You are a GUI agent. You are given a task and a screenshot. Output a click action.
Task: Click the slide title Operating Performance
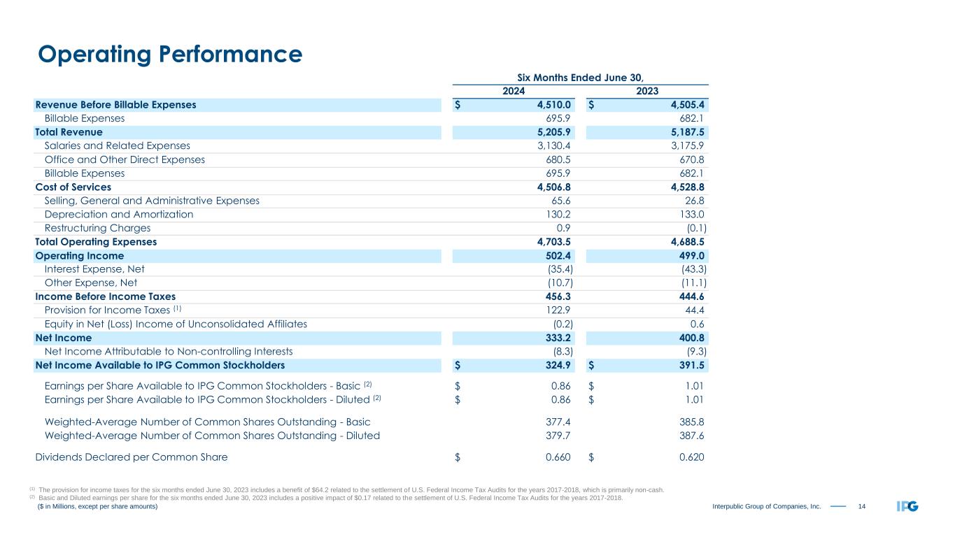point(170,55)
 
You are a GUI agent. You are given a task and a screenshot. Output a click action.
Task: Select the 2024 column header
point(514,91)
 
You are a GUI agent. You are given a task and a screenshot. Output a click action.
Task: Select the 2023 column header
point(648,91)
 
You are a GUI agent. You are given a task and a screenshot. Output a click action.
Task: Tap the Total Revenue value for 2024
point(552,132)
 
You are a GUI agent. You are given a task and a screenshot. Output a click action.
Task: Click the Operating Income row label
point(79,256)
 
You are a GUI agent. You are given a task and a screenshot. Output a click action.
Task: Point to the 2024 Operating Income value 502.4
point(558,256)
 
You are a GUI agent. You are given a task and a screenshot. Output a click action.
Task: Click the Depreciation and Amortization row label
point(119,215)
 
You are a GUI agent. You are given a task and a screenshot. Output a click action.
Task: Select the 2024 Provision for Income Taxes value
point(558,310)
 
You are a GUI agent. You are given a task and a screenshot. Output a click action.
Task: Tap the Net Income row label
point(63,338)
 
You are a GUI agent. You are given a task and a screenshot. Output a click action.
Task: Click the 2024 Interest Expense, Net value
point(560,269)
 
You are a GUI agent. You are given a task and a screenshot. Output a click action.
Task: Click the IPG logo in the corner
point(908,506)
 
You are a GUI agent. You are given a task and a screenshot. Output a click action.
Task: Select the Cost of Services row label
point(73,187)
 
